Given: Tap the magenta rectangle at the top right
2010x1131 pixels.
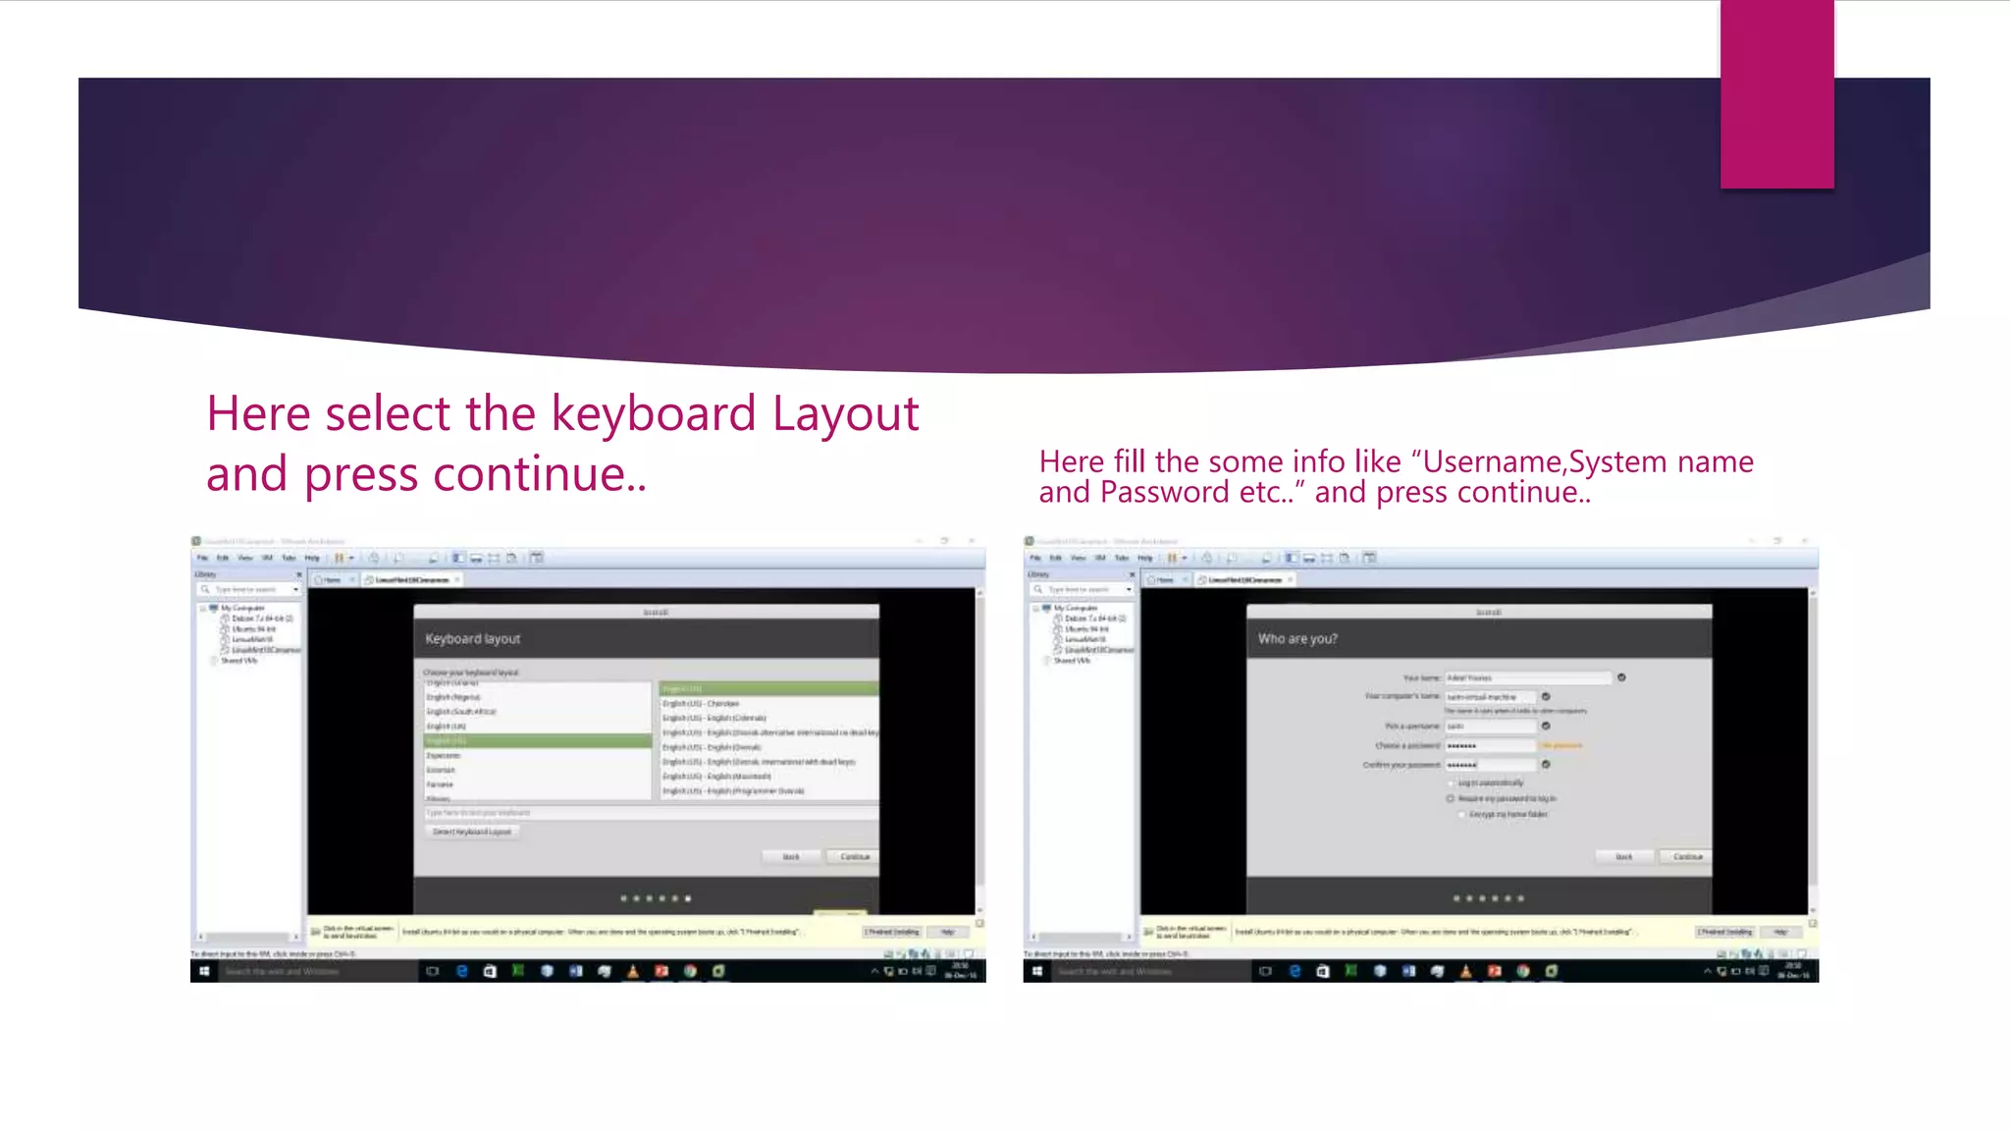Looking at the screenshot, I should [x=1776, y=94].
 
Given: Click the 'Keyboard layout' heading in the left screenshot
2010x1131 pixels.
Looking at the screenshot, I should [x=472, y=639].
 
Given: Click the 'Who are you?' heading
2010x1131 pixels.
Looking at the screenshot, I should [x=1297, y=639].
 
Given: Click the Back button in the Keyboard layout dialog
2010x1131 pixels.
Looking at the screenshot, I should [x=791, y=857].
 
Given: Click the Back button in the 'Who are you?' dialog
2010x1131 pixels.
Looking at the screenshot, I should [x=1624, y=857].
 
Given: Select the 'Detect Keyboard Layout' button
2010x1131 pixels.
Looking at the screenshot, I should [x=472, y=832].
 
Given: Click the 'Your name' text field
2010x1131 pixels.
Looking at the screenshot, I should [x=1527, y=678].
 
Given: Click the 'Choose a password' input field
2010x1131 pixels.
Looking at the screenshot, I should [x=1490, y=746].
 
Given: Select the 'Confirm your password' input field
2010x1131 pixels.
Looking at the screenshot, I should [x=1490, y=765].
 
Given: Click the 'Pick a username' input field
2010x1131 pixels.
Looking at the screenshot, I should [x=1490, y=727].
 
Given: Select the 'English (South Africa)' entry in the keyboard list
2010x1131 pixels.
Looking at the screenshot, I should [x=461, y=712].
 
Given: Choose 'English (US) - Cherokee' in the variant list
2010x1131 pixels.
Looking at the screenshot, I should [x=701, y=704].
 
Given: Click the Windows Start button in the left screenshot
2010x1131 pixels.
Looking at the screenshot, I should [x=204, y=972].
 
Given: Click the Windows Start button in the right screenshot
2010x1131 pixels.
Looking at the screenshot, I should [x=1037, y=972].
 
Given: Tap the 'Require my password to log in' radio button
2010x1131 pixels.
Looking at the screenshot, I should [x=1451, y=799].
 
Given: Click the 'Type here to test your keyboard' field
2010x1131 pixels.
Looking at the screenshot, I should [x=648, y=813].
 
